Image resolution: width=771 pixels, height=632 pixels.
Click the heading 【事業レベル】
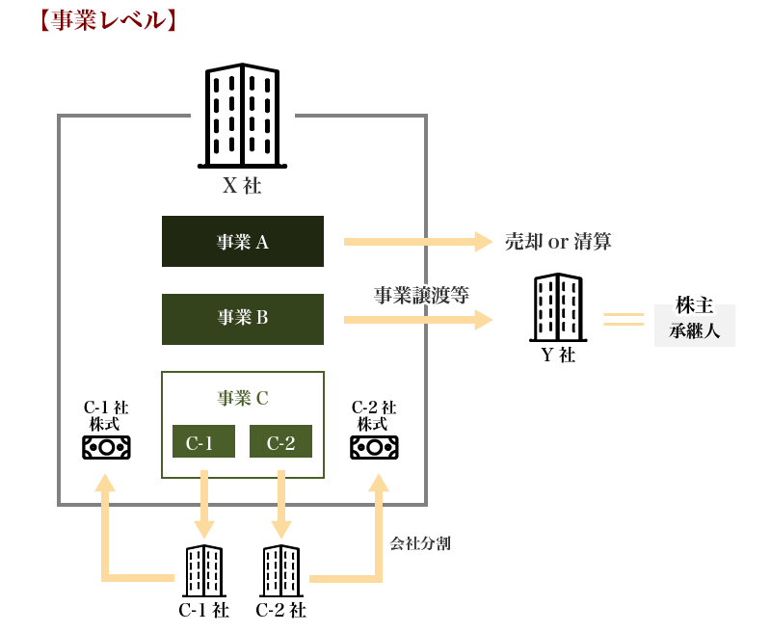click(106, 20)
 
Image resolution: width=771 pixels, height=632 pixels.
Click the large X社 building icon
click(242, 116)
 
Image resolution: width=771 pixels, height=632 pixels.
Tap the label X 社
click(242, 186)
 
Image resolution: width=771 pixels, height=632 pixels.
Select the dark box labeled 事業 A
click(243, 242)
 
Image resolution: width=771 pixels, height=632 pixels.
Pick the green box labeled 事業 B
click(243, 318)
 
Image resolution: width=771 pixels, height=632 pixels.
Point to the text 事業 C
click(243, 397)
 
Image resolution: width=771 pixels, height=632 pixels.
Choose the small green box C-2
click(280, 442)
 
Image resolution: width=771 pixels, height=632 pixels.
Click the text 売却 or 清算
click(558, 242)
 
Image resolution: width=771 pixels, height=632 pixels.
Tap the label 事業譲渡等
click(421, 295)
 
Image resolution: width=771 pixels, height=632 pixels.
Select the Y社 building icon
click(557, 307)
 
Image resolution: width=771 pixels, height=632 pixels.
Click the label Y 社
click(557, 355)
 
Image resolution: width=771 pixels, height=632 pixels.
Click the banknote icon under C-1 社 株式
click(106, 447)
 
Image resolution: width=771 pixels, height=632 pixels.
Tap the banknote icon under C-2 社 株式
click(374, 447)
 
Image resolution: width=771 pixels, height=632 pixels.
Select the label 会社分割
click(420, 543)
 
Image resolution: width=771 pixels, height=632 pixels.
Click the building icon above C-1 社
click(204, 570)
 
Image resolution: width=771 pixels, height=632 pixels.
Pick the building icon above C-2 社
click(280, 570)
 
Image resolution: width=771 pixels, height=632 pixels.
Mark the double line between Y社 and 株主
click(624, 319)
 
